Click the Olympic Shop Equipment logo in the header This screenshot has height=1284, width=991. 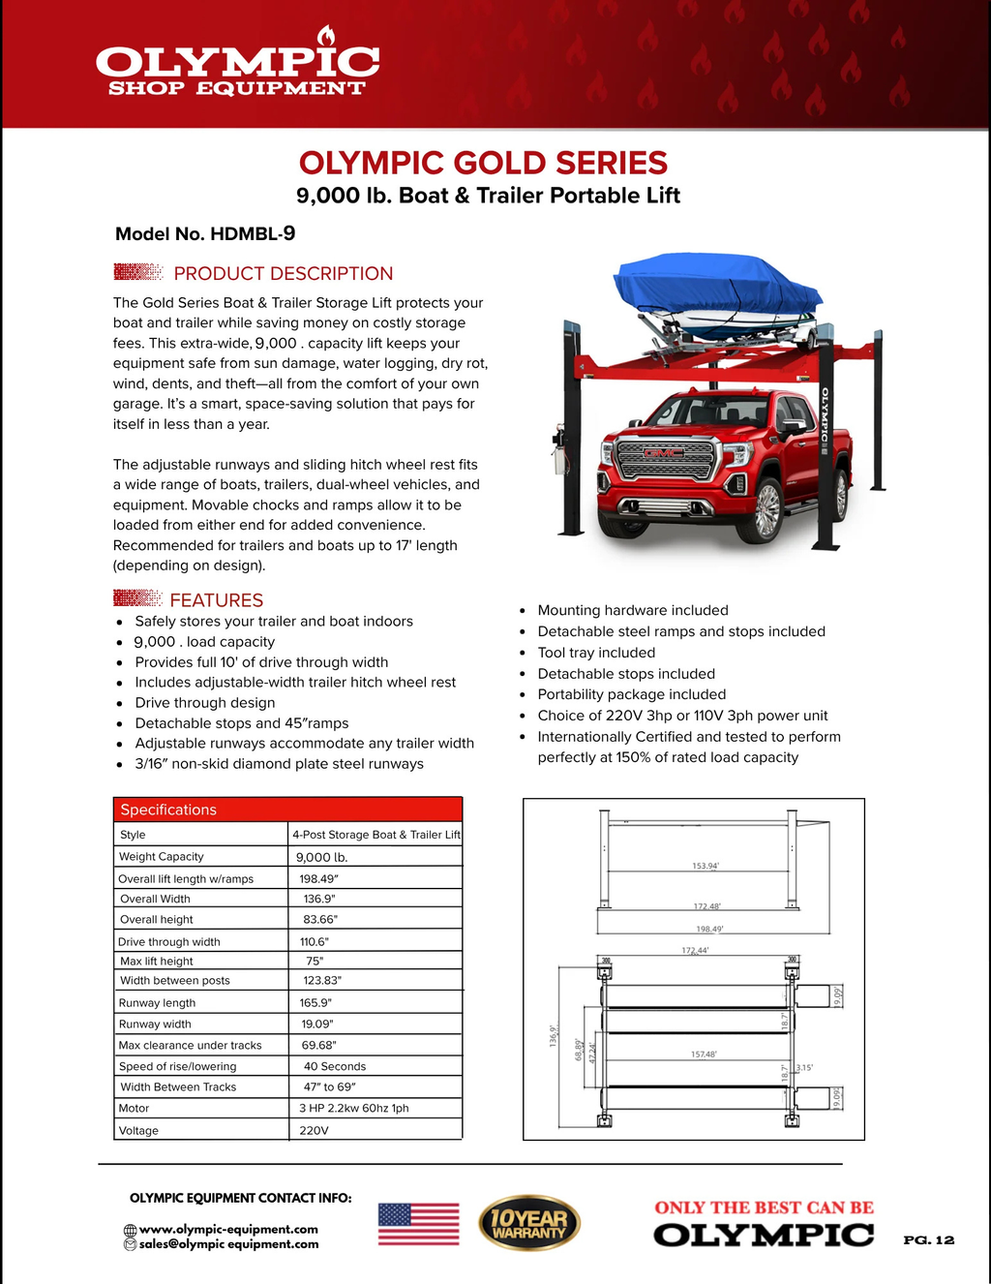click(x=237, y=68)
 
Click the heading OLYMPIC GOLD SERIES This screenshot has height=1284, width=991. click(x=483, y=163)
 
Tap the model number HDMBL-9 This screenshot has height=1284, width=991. click(x=205, y=233)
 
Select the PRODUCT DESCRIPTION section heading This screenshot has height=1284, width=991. click(x=283, y=273)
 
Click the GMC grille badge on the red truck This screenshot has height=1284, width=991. click(x=665, y=453)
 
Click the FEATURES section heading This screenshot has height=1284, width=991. click(x=216, y=600)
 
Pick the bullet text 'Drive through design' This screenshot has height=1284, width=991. click(x=205, y=703)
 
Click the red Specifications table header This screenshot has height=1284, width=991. click(x=287, y=810)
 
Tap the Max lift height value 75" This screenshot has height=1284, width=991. click(x=315, y=962)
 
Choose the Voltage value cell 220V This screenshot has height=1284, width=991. click(x=314, y=1130)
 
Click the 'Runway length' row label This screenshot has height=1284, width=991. click(x=157, y=1003)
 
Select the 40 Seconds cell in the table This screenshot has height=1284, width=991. click(x=335, y=1066)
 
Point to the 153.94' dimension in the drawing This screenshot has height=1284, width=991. click(x=706, y=866)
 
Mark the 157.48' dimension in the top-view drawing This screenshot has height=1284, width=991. click(x=704, y=1055)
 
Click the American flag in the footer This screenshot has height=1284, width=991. click(x=418, y=1224)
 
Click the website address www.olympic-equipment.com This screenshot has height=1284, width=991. click(x=228, y=1229)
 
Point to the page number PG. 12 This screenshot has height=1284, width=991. click(x=928, y=1240)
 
